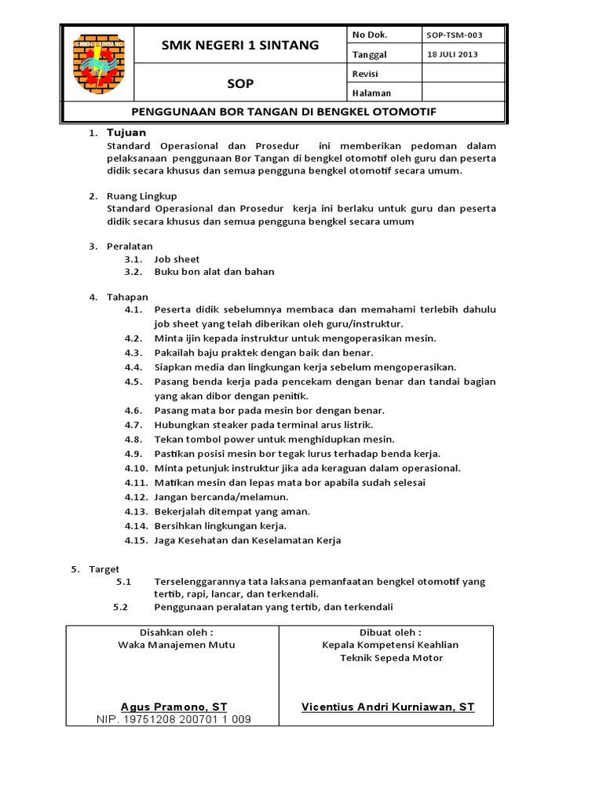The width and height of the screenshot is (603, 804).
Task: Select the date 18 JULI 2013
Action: pyautogui.click(x=452, y=54)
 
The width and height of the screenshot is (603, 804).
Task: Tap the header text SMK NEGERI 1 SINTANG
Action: pyautogui.click(x=240, y=45)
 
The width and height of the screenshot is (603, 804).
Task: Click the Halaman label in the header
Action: pyautogui.click(x=372, y=93)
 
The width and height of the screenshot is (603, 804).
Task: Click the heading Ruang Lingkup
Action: pyautogui.click(x=142, y=196)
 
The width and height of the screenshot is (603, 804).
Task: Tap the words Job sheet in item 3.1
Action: pyautogui.click(x=177, y=259)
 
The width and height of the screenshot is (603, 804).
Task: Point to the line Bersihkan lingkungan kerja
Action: pyautogui.click(x=220, y=525)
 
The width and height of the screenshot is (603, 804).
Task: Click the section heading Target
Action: pyautogui.click(x=104, y=568)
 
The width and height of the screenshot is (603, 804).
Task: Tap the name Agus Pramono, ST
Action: pyautogui.click(x=174, y=707)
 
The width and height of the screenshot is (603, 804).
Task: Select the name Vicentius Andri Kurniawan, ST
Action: pyautogui.click(x=388, y=707)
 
